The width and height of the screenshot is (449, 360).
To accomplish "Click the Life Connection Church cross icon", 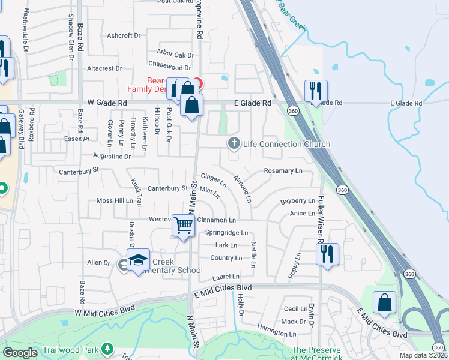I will (234, 143).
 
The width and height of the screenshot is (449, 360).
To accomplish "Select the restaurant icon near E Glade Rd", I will (316, 91).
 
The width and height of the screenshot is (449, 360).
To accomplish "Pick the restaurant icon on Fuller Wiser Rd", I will (327, 254).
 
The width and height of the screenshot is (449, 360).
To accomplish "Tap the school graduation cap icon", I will (138, 260).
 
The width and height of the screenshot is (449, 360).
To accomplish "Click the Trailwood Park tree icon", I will (107, 348).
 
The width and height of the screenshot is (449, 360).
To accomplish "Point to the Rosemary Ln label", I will (283, 171).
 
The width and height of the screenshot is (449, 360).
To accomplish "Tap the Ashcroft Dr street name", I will (123, 35).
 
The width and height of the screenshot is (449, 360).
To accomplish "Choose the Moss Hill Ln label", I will (115, 200).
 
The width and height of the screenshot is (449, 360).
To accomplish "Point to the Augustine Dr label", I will (112, 156).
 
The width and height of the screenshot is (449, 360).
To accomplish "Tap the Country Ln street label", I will (226, 258).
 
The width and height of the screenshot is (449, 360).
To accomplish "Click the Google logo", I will (20, 353).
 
